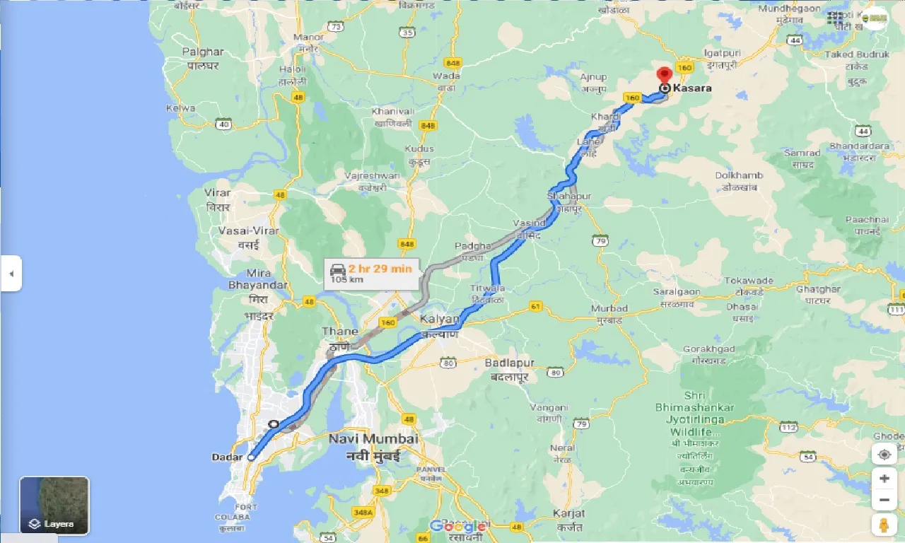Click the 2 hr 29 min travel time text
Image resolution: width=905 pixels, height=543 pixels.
click(380, 268)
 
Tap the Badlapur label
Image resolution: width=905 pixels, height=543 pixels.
click(510, 363)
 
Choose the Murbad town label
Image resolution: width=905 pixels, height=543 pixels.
click(609, 308)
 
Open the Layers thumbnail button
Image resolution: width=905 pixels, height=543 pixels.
click(54, 505)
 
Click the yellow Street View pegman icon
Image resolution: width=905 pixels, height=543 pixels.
click(884, 525)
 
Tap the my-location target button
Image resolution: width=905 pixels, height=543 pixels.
click(884, 454)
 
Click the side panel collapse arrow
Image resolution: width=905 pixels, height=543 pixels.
click(11, 273)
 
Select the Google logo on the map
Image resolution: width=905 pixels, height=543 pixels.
click(457, 526)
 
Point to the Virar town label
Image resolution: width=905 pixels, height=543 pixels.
click(217, 192)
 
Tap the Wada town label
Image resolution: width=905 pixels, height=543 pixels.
click(446, 76)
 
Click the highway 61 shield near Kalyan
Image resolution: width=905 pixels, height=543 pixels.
click(535, 306)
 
